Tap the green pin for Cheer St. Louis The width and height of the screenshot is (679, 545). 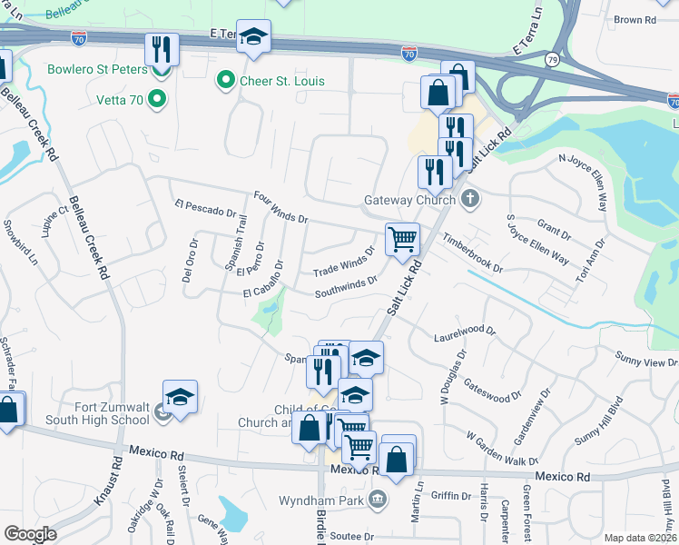coord(222,81)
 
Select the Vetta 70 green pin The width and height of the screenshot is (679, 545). coord(158,99)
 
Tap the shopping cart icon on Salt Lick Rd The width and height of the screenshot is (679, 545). coord(402,239)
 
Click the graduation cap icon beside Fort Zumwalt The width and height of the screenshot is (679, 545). coord(180,396)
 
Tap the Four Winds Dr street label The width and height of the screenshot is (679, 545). coord(281,206)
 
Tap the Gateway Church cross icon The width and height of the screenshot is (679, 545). coord(469,199)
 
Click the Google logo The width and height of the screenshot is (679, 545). coord(31,534)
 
